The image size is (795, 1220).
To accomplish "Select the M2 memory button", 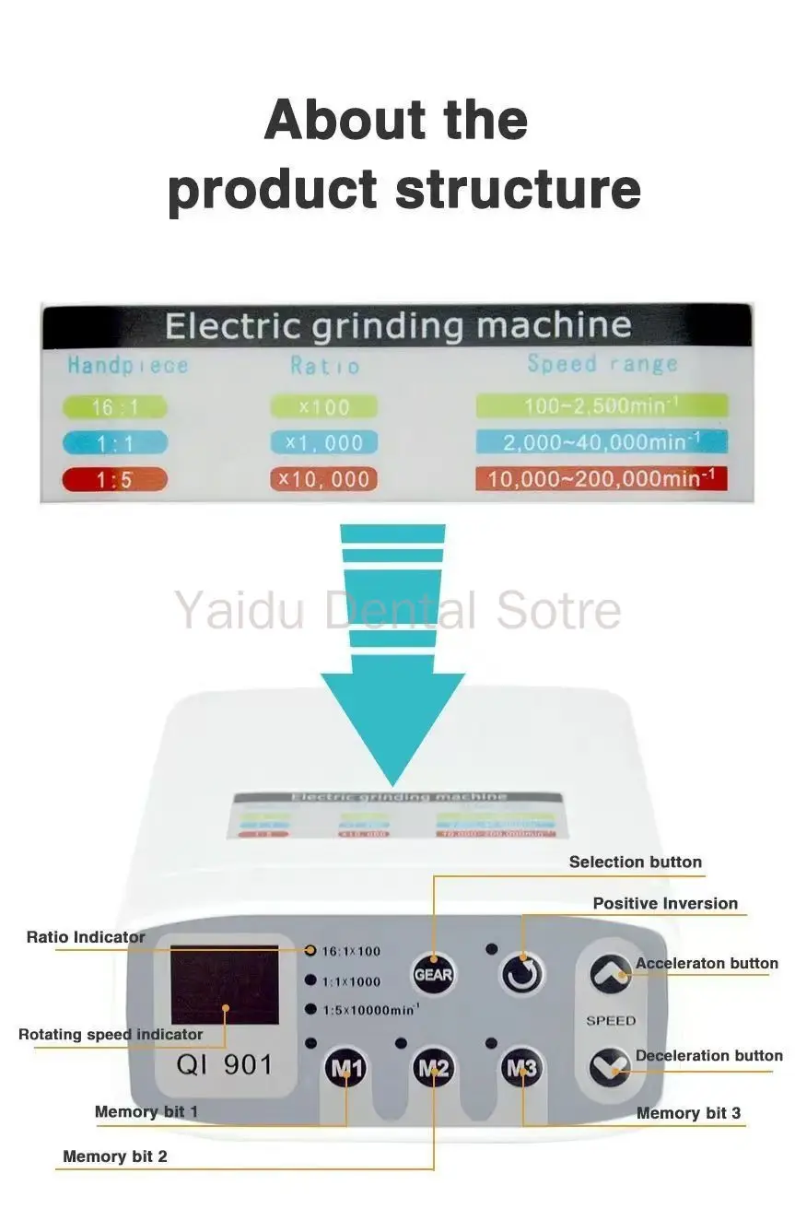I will point(433,1069).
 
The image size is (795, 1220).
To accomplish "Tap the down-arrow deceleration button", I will point(610,1067).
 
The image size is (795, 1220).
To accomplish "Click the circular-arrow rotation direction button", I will point(522,973).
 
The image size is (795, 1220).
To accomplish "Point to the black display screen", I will point(225,985).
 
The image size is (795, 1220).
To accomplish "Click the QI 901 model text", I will point(225,1065).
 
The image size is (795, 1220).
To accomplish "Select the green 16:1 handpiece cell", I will point(115,407).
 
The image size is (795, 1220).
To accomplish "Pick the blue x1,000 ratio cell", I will point(323,443).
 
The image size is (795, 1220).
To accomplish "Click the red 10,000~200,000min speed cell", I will point(601,479).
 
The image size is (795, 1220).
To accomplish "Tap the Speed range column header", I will point(602,364).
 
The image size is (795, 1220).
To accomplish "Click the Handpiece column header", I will point(127,366).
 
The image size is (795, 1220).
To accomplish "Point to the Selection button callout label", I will point(635,862).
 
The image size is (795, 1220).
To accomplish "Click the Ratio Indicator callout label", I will point(86,938).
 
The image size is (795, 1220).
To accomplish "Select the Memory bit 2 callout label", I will point(115,1156).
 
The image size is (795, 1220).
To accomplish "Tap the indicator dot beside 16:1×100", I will point(311,950).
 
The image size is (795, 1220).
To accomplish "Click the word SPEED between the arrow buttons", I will point(611,1021).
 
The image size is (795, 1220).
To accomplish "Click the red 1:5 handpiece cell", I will point(115,479).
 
